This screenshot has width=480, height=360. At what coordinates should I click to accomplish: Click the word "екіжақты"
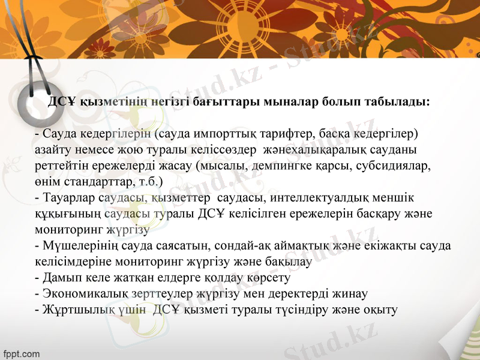(392, 245)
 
